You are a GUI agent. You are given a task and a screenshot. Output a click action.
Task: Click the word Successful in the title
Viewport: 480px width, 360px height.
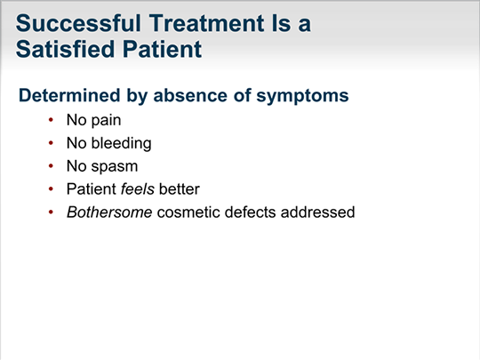coord(78,23)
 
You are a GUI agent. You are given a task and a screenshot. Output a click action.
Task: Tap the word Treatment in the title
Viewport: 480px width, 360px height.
coord(207,23)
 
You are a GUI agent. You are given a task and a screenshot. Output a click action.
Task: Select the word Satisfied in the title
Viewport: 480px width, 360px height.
coord(65,49)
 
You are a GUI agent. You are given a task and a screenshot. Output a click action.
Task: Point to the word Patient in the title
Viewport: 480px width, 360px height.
coord(163,50)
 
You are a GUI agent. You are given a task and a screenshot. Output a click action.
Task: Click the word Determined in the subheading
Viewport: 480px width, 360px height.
coord(69,95)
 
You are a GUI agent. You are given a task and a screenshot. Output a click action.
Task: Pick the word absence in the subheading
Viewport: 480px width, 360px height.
coord(190,95)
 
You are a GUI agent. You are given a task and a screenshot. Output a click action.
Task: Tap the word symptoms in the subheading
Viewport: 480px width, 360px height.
coord(302,96)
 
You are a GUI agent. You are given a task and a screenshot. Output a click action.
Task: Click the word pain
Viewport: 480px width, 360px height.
coord(107,121)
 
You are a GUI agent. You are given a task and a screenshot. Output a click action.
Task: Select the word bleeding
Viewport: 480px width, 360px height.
coord(121,144)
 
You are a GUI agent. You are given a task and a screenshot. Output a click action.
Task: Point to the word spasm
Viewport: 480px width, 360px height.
coord(115,167)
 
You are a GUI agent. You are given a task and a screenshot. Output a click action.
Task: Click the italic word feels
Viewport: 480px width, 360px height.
coord(138,188)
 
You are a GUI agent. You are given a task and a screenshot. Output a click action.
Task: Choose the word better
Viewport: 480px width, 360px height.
coord(180,188)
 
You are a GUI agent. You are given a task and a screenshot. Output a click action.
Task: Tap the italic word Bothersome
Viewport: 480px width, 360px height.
coord(109,212)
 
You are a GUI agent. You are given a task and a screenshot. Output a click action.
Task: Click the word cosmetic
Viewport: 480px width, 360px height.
coord(188,212)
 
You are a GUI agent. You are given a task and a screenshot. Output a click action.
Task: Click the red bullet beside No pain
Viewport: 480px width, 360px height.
coord(51,120)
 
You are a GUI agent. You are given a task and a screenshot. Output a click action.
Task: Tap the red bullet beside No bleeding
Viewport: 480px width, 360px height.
coord(51,143)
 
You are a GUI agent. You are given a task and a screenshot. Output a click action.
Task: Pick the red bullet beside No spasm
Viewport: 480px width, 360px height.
coord(51,166)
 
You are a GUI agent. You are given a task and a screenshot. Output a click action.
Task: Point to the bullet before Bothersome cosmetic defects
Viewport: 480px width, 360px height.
coord(51,212)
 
